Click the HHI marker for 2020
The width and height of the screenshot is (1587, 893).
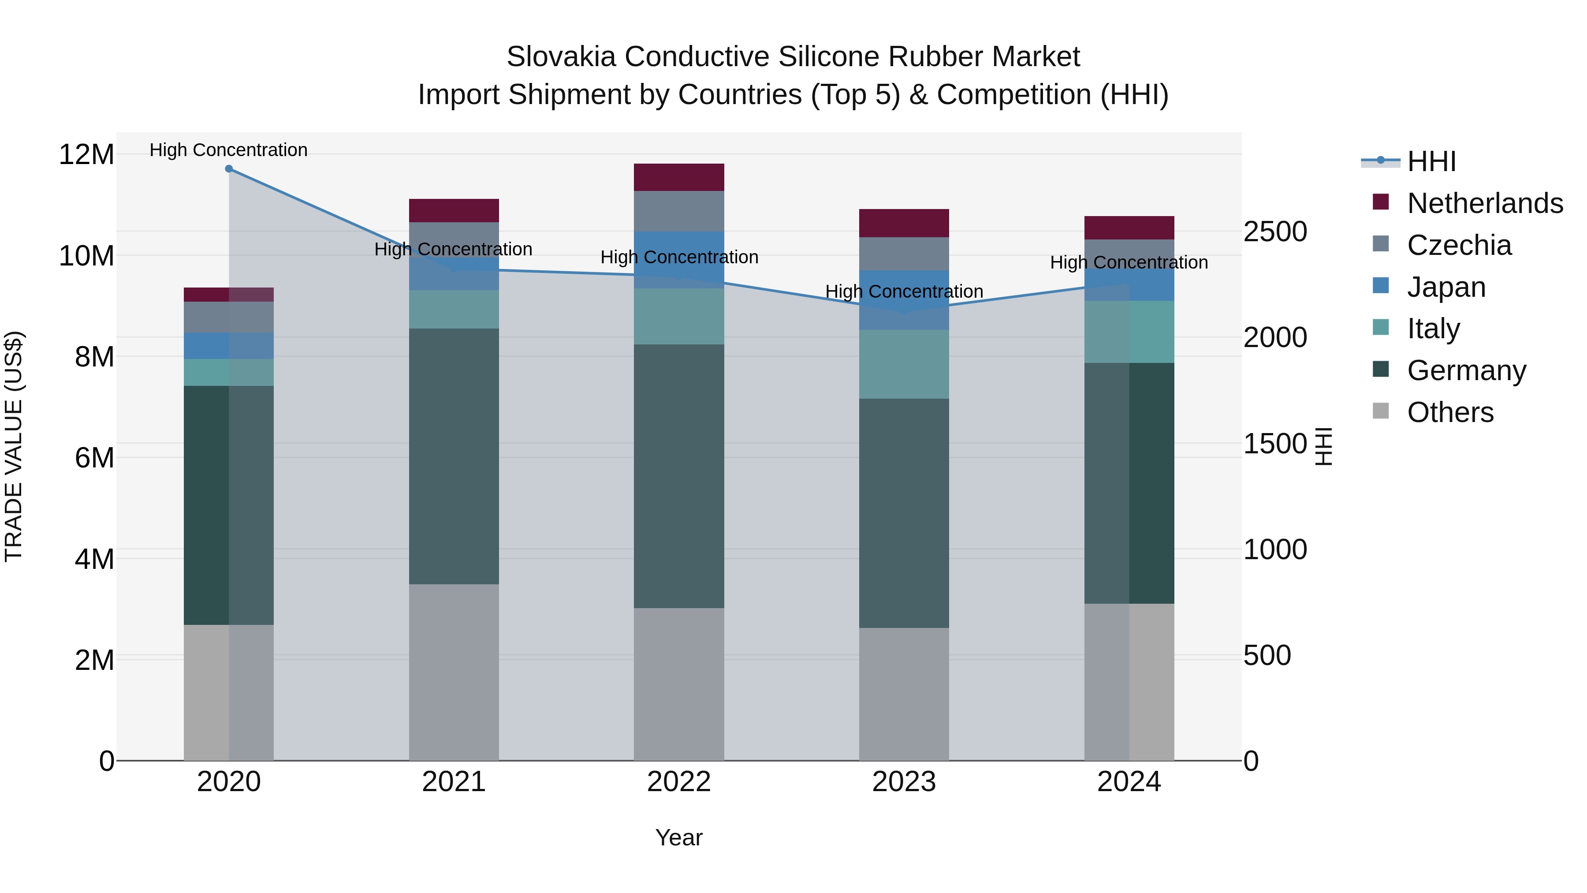(228, 169)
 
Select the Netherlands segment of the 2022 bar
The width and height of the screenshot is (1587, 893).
(679, 177)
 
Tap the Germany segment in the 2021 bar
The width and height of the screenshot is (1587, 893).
(454, 456)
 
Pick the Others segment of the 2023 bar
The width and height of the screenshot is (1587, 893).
(904, 694)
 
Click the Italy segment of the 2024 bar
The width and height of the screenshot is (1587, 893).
(1129, 332)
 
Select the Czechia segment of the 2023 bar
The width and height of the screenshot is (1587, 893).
(904, 254)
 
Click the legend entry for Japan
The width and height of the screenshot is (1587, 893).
(1446, 287)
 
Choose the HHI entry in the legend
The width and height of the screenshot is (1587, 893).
(1431, 161)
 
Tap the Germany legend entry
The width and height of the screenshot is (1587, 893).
(1466, 370)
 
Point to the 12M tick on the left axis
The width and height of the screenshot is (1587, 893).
(86, 154)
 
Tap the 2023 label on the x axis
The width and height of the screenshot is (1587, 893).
(904, 782)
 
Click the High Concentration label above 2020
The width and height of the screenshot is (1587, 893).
(228, 150)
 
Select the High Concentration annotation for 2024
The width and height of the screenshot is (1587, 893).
(1129, 262)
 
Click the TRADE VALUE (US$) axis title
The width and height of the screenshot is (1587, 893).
(14, 446)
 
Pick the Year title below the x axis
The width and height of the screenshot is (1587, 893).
(679, 837)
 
